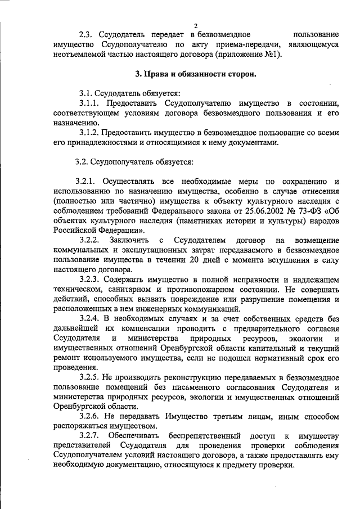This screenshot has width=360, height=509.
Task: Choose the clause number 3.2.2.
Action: pos(90,240)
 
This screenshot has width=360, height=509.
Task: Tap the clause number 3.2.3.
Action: pos(90,279)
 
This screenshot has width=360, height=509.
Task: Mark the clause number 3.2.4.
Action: pos(90,318)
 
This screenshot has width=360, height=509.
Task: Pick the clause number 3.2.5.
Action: pos(90,377)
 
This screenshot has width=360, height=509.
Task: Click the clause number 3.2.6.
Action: pos(90,416)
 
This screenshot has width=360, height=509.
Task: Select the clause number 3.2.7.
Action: pos(90,436)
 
